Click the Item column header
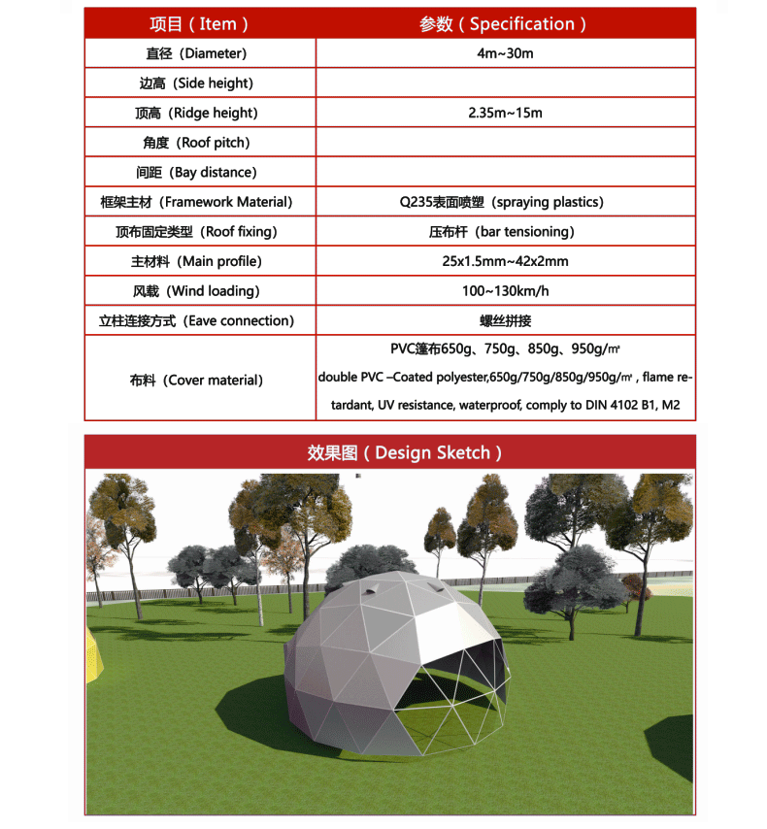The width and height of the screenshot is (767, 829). (x=199, y=24)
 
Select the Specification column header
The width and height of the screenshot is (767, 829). (x=504, y=24)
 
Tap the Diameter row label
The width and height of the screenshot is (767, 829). (x=199, y=53)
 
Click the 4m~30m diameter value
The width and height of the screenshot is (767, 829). (x=505, y=53)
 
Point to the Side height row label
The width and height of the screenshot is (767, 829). (x=199, y=83)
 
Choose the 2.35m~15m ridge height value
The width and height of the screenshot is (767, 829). (x=505, y=113)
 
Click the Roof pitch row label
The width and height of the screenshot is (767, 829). (x=199, y=143)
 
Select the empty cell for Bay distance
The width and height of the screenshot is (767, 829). (x=505, y=172)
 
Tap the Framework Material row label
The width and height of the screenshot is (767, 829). (x=199, y=202)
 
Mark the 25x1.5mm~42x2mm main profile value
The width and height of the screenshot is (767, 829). (x=505, y=261)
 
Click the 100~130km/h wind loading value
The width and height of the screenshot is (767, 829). (x=505, y=291)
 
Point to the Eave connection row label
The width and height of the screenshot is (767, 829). (x=199, y=320)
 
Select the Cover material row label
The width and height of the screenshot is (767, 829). (x=199, y=381)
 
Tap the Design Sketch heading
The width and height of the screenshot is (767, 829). (x=405, y=453)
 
